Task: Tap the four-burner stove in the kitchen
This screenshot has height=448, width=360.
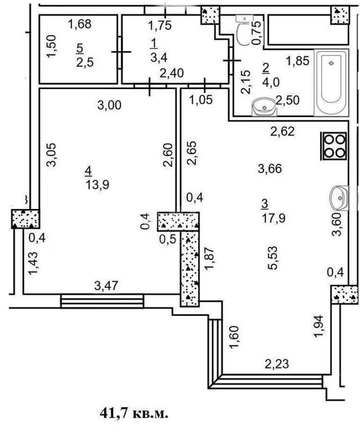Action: coord(333,146)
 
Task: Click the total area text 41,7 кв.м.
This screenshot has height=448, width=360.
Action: coord(134,413)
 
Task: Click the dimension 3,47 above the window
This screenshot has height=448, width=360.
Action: coord(106,286)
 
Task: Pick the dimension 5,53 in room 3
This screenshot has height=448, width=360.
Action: coord(273,258)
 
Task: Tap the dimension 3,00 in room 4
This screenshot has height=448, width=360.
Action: coord(109,105)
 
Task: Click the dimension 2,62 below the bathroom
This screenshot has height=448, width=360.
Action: coord(282,131)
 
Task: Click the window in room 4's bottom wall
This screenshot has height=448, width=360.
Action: coord(102,301)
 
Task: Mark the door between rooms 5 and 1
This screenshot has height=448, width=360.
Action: coord(120,52)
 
